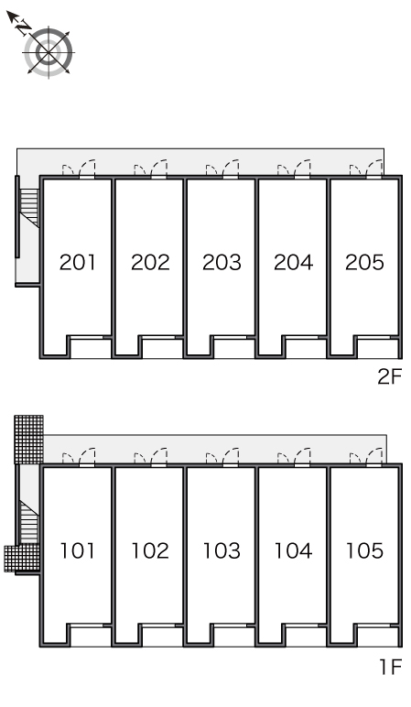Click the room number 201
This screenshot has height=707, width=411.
pos(77,262)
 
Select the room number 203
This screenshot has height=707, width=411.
pos(222,262)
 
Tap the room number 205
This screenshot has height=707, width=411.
pos(364,262)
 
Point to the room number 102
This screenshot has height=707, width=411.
pos(150,550)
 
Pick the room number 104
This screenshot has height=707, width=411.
pos(294,550)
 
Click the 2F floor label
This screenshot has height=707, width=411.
pos(389,376)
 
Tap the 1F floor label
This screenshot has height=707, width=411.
pos(390,667)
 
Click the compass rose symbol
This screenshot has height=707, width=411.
pos(49,52)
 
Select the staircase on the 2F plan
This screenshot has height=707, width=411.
pos(29,206)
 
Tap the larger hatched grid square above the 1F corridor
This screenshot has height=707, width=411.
pos(29,440)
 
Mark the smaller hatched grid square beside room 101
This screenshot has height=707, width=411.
pos(21,559)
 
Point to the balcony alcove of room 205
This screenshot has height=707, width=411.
pos(378,348)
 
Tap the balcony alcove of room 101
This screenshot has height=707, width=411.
pos(91,636)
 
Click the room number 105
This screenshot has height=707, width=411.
pos(364,550)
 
